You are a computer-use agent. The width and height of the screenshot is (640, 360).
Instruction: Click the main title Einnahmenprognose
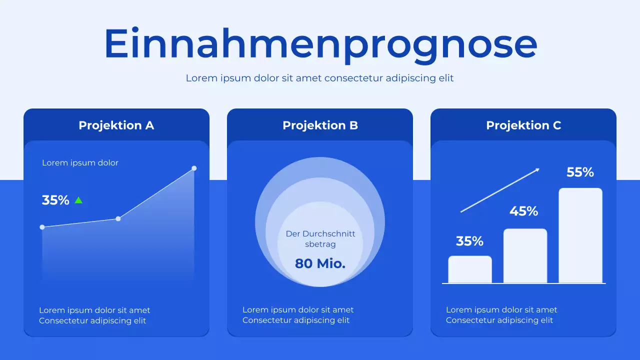(x=320, y=44)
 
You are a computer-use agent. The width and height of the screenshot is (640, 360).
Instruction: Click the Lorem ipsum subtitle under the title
(x=320, y=78)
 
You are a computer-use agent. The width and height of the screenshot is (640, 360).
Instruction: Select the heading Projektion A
(x=116, y=125)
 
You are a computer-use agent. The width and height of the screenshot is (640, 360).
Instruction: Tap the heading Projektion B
(x=320, y=125)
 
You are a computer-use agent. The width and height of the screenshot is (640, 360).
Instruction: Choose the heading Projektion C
(x=523, y=125)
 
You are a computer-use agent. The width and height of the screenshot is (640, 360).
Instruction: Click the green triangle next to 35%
(x=78, y=200)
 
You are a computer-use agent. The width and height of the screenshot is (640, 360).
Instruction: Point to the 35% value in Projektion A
(x=55, y=200)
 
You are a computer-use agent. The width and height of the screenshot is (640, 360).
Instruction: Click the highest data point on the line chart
(x=194, y=168)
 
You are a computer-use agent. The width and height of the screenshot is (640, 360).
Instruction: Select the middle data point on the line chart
(x=118, y=218)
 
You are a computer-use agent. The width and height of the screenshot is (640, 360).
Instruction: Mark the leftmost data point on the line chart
(x=42, y=227)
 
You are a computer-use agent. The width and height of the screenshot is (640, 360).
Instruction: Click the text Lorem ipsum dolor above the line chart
(x=80, y=163)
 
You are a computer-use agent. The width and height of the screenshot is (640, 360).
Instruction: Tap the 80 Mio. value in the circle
(x=320, y=263)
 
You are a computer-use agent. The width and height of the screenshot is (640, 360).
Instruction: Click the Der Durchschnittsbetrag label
(x=320, y=239)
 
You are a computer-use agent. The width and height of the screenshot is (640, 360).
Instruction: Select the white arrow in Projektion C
(x=500, y=190)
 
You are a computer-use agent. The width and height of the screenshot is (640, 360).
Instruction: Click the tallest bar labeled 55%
(x=580, y=235)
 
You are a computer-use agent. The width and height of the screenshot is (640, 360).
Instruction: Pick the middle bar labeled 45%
(x=525, y=256)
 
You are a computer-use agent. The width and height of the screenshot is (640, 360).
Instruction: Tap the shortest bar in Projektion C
(x=470, y=269)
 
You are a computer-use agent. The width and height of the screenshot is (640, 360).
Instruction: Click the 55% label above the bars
(x=580, y=172)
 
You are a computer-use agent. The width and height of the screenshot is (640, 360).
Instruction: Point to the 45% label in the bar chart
(x=523, y=211)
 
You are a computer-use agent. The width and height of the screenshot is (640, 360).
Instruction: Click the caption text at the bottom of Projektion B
(x=298, y=315)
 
